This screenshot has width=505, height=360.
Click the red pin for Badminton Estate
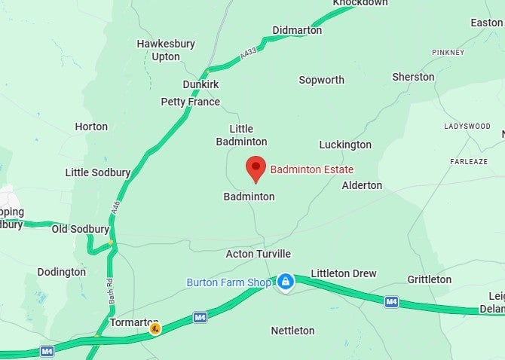point(256,169)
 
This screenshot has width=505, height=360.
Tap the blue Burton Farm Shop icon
point(285,282)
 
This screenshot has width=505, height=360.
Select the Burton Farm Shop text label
point(228,282)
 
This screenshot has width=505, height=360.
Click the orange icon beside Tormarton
point(155,328)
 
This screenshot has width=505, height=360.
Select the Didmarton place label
point(297,30)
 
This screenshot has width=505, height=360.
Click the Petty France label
point(190,102)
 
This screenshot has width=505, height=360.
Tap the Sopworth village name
point(321,80)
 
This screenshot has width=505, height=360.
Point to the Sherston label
point(413,77)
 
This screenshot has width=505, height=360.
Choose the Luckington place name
point(345,145)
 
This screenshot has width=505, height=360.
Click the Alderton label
point(362,185)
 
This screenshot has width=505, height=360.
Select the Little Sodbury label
point(98,172)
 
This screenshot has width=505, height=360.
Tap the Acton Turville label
point(258,254)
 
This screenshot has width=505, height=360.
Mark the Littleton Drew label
point(343,273)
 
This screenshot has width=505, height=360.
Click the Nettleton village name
point(292,331)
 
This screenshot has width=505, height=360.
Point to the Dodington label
point(61,272)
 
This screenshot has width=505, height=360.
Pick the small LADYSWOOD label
point(467,127)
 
